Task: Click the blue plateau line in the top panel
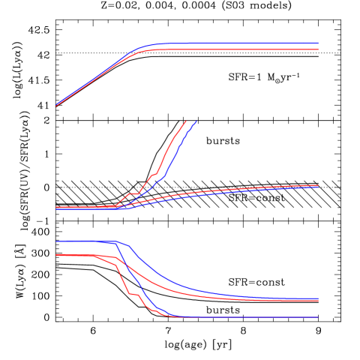point(240,43)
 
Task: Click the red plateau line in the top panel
point(240,49)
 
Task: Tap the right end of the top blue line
point(319,43)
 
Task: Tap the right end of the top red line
point(319,49)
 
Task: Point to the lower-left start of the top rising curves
point(56,106)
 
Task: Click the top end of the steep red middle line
point(185,121)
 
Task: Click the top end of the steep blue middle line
point(196,121)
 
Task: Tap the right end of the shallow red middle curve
point(319,184)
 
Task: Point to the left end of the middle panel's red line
point(56,207)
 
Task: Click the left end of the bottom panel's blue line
point(56,241)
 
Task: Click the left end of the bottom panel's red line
point(56,255)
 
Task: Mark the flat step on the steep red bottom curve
point(133,295)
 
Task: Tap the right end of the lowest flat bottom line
point(319,317)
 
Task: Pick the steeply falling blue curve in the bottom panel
point(146,296)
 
